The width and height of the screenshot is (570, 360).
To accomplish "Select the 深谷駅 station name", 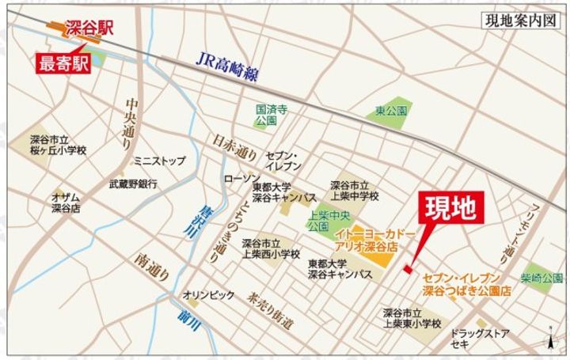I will pos(89,28).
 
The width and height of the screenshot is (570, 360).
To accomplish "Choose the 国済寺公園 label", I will pos(265,116).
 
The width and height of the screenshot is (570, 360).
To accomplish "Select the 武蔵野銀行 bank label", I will pos(133,183).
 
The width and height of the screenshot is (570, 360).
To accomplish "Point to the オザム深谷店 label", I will pos(66,202).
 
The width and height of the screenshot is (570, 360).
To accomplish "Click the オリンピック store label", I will pos(208,295).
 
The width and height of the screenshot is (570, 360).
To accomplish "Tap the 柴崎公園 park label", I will pos(542,278).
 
